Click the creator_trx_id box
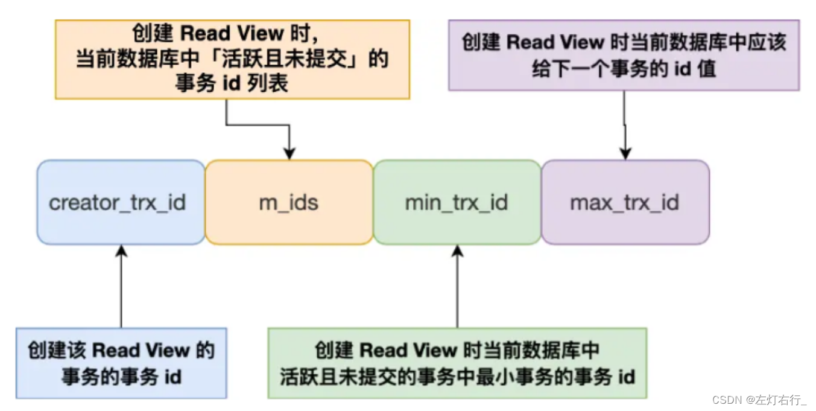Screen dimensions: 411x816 tap(121, 202)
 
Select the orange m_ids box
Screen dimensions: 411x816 tap(289, 202)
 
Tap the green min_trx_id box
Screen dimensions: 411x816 tap(457, 202)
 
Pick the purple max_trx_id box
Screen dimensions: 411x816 tap(625, 202)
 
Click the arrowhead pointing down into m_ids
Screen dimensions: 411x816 tap(289, 154)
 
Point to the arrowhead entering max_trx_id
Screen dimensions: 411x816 tap(625, 154)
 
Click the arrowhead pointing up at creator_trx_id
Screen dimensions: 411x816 tap(121, 250)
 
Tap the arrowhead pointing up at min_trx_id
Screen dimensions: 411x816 tap(457, 250)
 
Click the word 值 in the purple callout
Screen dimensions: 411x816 tap(706, 69)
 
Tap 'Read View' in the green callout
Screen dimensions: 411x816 tap(408, 351)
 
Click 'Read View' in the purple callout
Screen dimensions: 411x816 tap(555, 42)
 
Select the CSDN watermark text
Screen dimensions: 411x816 tap(727, 400)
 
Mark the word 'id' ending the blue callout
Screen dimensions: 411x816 tap(172, 377)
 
